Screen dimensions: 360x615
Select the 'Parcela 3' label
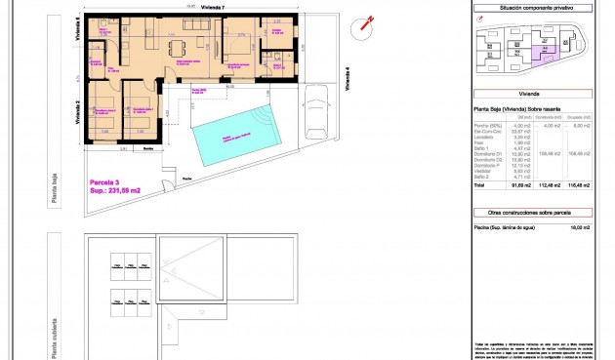coord(104,181)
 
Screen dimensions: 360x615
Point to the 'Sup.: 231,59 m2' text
coord(114,190)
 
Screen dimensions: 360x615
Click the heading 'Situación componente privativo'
coord(532,8)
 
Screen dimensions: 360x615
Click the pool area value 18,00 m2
coord(580,226)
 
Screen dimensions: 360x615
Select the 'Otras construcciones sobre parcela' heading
coord(532,211)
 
